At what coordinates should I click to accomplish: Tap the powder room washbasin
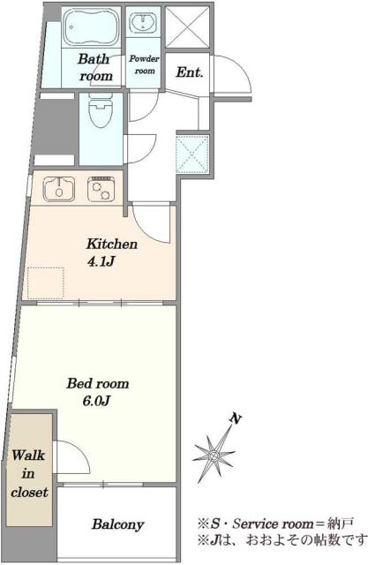[x=143, y=22]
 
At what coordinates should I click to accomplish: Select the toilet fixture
[x=101, y=109]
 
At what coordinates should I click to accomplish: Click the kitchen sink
[x=59, y=188]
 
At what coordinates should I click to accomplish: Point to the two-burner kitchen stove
[x=101, y=188]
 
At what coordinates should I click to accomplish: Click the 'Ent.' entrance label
[x=190, y=72]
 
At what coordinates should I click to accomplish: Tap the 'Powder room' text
[x=144, y=64]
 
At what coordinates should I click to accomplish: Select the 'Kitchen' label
[x=111, y=244]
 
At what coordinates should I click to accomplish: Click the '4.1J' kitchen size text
[x=101, y=261]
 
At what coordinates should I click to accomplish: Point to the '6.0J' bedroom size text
[x=96, y=400]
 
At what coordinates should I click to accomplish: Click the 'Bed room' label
[x=98, y=383]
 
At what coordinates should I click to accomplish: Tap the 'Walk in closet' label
[x=29, y=473]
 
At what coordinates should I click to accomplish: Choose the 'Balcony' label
[x=117, y=524]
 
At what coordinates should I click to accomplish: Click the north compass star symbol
[x=214, y=456]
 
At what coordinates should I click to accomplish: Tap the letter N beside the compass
[x=236, y=418]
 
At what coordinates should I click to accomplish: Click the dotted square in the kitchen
[x=46, y=282]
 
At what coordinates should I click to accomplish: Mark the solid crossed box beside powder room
[x=187, y=27]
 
